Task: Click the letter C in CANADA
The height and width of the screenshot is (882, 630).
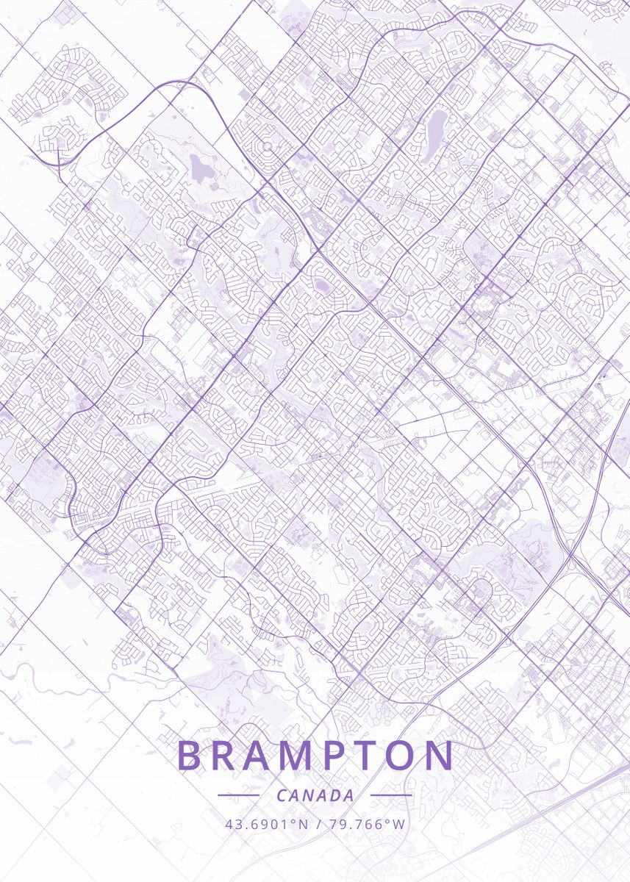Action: pos(282,795)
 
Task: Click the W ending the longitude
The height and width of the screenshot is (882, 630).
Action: pos(398,824)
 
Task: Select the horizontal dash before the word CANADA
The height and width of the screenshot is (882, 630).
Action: pos(238,795)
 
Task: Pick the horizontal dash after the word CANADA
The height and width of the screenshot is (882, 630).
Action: pos(390,795)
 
